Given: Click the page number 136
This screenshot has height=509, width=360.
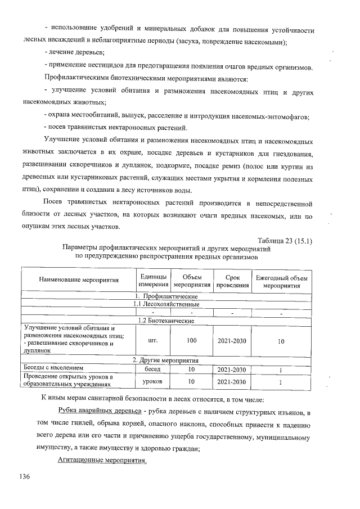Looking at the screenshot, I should coord(24,476).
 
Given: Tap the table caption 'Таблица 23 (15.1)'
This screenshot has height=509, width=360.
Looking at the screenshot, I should coord(285,241).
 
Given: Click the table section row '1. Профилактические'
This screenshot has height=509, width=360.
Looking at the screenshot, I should coord(167,295).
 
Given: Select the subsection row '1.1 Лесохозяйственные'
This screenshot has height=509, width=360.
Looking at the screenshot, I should coord(167,304).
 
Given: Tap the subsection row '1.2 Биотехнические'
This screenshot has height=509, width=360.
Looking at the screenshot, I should coord(167,320).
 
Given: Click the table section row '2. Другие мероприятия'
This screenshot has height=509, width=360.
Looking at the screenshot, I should coord(167,360).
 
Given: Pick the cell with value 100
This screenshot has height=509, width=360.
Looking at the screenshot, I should coord(191,340).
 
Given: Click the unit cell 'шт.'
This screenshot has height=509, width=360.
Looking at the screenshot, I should coord(153,340).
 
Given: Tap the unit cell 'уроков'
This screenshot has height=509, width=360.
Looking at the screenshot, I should coord(153,381).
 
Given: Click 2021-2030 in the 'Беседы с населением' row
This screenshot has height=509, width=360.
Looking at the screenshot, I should coord(232,369).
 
